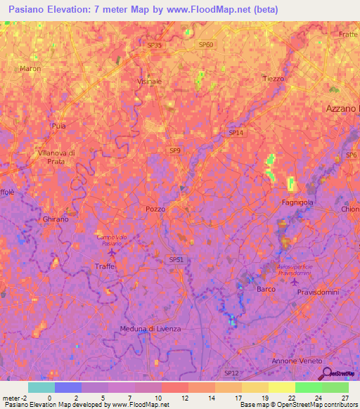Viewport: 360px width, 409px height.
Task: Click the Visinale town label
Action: pyautogui.click(x=148, y=82)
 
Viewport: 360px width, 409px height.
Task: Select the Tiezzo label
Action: pyautogui.click(x=273, y=79)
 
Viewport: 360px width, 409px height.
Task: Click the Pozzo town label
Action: pyautogui.click(x=155, y=209)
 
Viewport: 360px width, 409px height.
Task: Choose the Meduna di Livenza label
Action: pyautogui.click(x=150, y=330)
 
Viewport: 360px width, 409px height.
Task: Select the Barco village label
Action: pyautogui.click(x=266, y=289)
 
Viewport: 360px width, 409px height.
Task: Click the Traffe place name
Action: pyautogui.click(x=104, y=266)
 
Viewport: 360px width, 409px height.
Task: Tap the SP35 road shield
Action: pyautogui.click(x=154, y=45)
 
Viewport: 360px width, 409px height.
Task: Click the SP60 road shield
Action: pyautogui.click(x=205, y=45)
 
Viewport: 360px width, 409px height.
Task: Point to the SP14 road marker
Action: pyautogui.click(x=236, y=132)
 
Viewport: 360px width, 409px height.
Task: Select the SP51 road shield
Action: pyautogui.click(x=176, y=259)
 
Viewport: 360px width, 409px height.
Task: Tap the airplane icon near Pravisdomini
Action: pyautogui.click(x=295, y=283)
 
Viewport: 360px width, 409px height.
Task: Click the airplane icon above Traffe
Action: pyautogui.click(x=112, y=252)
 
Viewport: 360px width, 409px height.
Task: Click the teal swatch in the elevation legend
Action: pyautogui.click(x=41, y=387)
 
